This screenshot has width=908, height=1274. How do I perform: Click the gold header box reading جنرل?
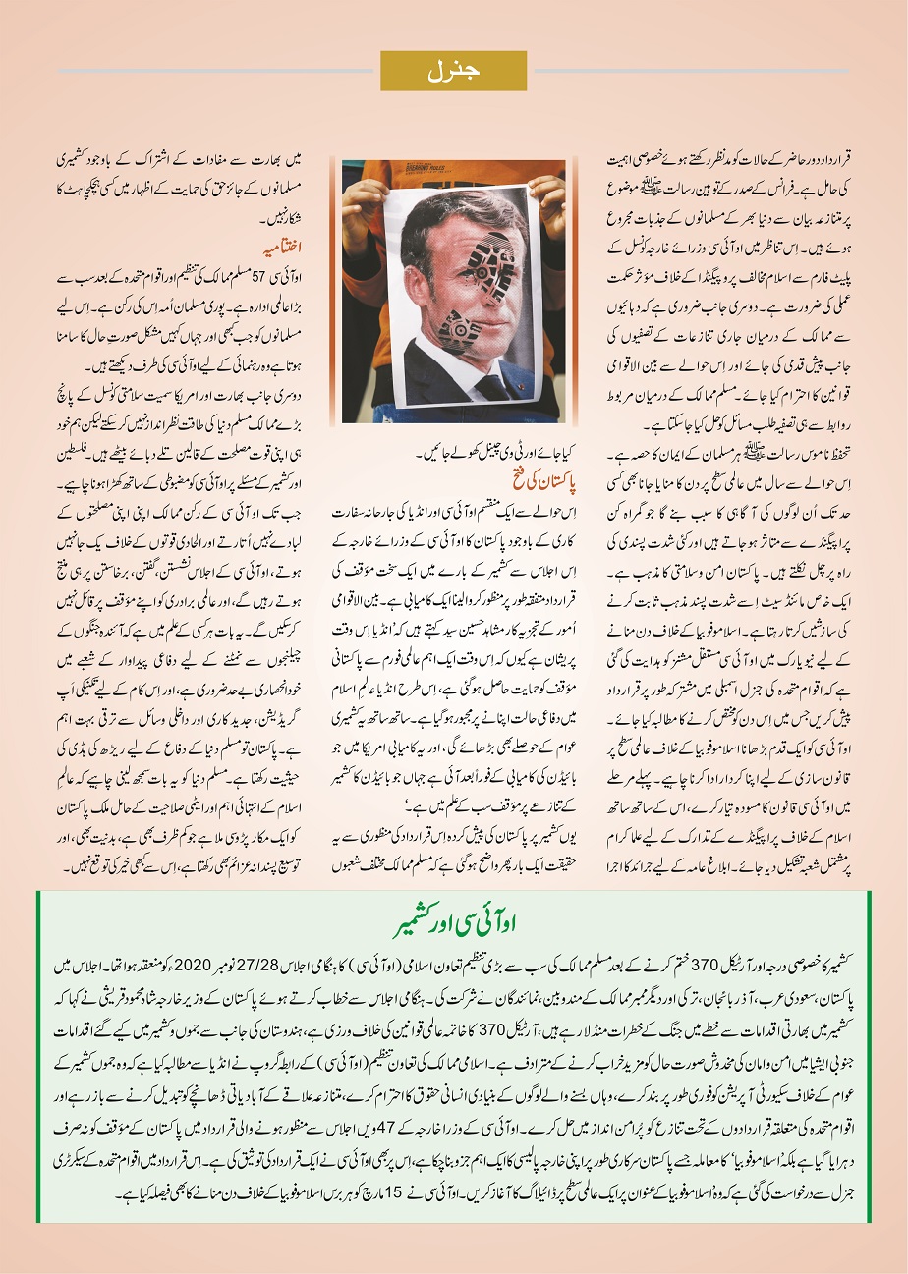pyautogui.click(x=454, y=71)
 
